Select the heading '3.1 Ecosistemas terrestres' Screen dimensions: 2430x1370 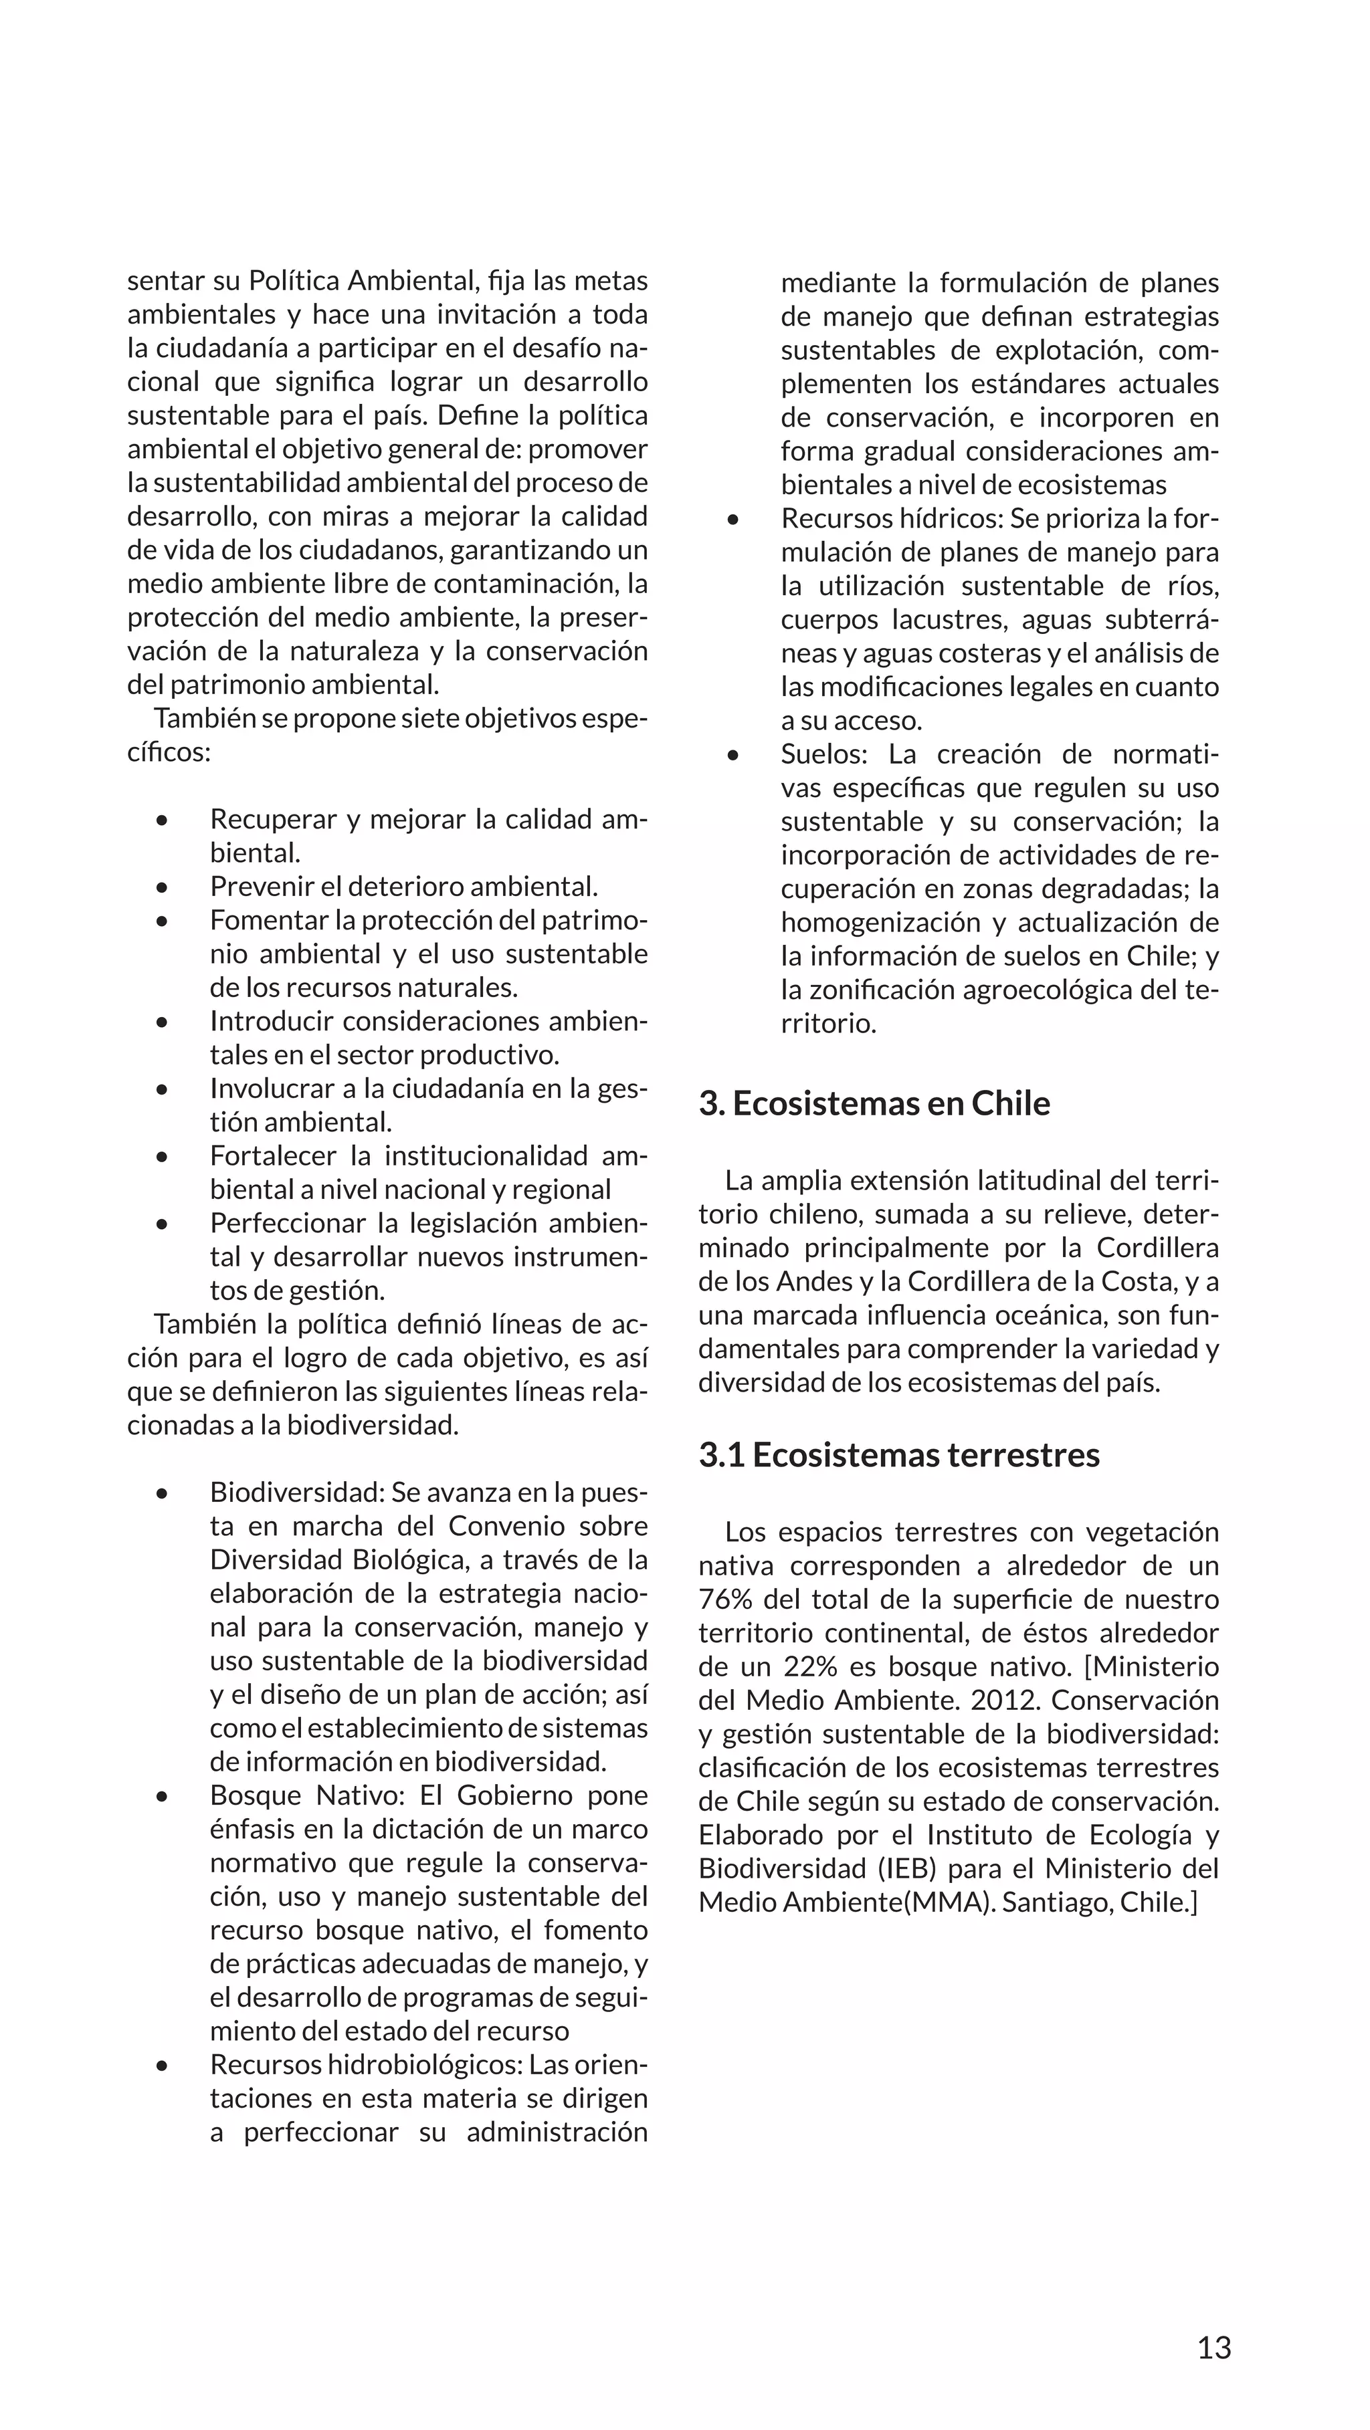898,1454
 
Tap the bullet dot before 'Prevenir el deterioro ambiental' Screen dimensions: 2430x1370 163,887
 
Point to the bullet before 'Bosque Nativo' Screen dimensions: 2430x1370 163,1797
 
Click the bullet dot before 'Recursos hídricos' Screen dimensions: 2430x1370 733,520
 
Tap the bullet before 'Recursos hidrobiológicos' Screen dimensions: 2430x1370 163,2066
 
